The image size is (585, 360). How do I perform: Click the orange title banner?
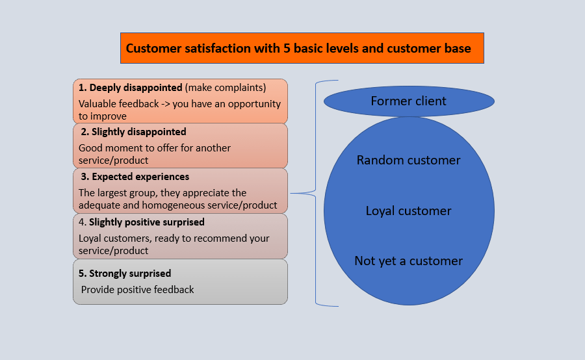pos(302,48)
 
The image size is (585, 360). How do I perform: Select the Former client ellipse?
pos(408,101)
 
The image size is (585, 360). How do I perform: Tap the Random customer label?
pos(408,160)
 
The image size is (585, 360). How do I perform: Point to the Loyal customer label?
pos(408,211)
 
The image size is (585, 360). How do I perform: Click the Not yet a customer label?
pos(408,261)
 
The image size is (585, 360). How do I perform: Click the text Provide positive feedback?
pos(137,290)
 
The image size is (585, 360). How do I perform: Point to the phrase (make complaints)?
pos(226,88)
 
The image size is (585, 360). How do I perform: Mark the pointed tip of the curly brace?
pos(292,193)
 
